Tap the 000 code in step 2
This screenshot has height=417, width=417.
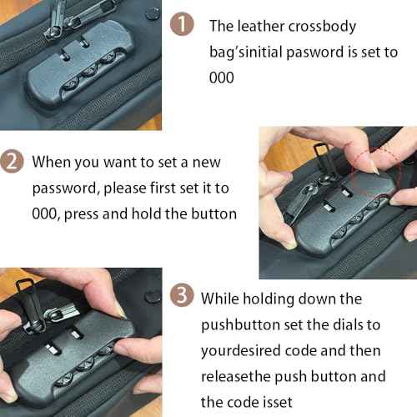coord(46,214)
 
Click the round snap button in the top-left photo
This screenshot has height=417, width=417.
coord(153,13)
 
